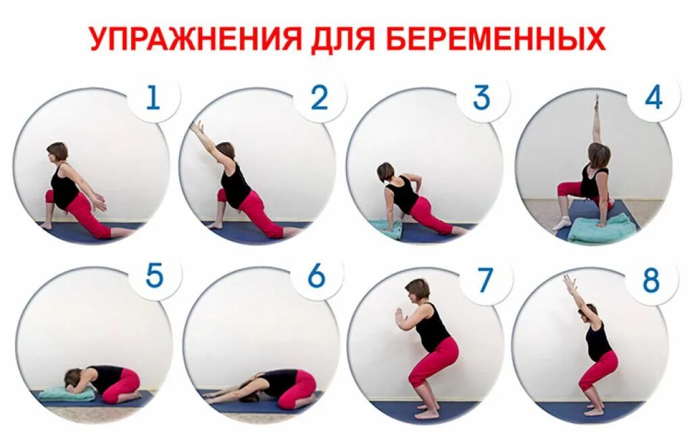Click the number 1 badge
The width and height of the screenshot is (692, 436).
153,99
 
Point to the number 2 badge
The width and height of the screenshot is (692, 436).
319,99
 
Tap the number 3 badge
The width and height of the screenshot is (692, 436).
481,99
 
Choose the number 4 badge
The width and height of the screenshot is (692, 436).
653,99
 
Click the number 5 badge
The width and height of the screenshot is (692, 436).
153,276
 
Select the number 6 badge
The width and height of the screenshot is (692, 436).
316,276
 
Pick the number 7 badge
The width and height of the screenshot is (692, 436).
485,278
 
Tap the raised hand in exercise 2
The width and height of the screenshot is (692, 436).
197,126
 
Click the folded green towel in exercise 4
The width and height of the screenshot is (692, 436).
601,228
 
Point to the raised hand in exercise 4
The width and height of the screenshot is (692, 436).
596,101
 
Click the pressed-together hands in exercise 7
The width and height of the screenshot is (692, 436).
399,315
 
